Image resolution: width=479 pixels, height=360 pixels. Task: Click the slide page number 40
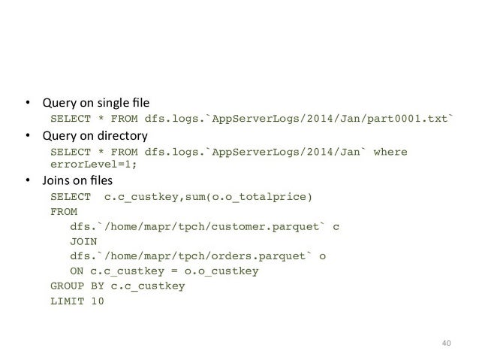446,344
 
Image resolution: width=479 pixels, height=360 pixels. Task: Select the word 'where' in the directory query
390,152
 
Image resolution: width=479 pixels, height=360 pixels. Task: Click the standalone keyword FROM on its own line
64,212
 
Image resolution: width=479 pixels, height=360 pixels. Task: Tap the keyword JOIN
83,241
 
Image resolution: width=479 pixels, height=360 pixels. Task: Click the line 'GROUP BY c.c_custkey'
117,286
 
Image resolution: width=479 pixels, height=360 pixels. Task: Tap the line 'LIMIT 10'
77,301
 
